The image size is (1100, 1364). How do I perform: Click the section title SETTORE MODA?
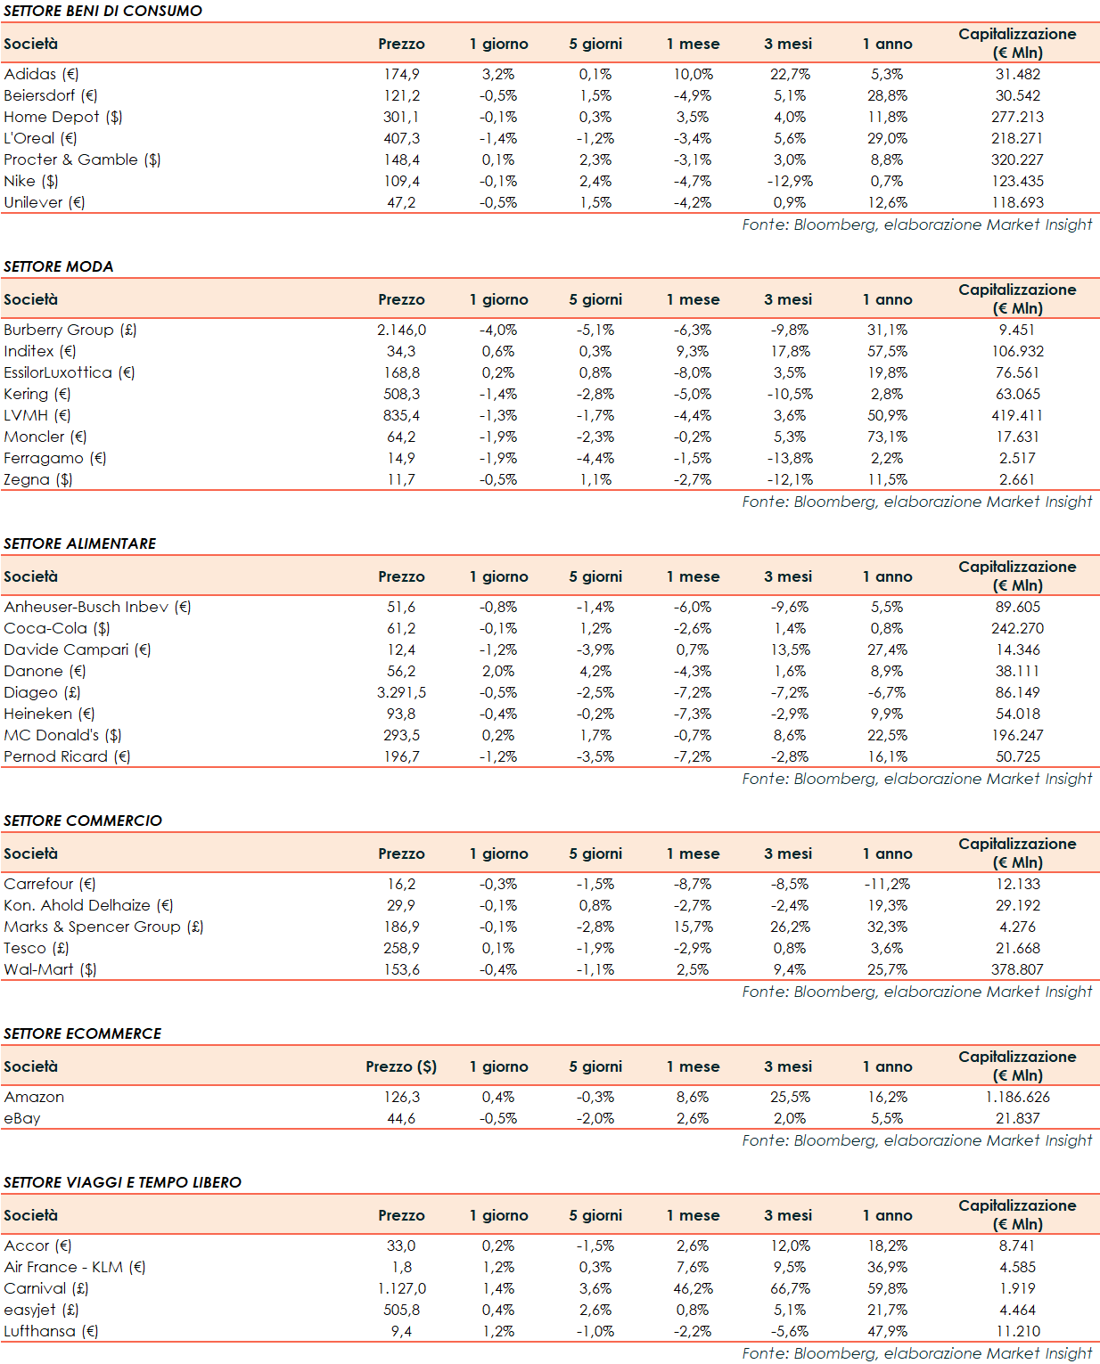[59, 266]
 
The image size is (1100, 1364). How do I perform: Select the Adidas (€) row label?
[41, 74]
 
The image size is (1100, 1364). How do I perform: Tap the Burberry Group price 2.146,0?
[401, 330]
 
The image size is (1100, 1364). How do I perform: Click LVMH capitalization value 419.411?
[1017, 415]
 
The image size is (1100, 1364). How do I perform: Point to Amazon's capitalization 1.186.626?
[1017, 1097]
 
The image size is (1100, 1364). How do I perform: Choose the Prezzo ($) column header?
[401, 1066]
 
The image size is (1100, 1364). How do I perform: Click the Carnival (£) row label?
[45, 1288]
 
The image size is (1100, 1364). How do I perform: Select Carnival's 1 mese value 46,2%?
[693, 1288]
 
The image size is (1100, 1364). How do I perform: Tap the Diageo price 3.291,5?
[401, 692]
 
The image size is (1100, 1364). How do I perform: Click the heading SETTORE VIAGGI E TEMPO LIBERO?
[122, 1182]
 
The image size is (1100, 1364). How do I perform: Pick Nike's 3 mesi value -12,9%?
[790, 181]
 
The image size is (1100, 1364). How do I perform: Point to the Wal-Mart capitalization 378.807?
[1017, 969]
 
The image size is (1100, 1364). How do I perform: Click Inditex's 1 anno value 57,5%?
[887, 351]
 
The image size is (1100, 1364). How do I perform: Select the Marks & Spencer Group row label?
[103, 927]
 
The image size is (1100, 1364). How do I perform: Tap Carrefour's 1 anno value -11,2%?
[887, 884]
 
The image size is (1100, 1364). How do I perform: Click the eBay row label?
[22, 1118]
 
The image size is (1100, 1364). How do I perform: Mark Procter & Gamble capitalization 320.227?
[1017, 159]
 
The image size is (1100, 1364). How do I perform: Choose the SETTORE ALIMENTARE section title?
[80, 543]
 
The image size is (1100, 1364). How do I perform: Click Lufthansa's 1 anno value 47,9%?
[887, 1331]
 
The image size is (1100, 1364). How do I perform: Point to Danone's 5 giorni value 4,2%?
[595, 671]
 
